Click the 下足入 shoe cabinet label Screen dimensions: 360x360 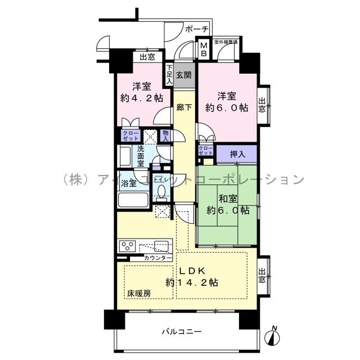pyautogui.click(x=168, y=74)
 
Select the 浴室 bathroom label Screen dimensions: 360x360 pyautogui.click(x=129, y=183)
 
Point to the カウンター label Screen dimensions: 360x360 pyautogui.click(x=157, y=258)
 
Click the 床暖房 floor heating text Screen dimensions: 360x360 pyautogui.click(x=138, y=293)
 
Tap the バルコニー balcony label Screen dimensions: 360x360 pyautogui.click(x=179, y=331)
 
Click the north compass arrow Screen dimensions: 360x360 pyautogui.click(x=273, y=336)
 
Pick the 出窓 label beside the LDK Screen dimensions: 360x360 pyautogui.click(x=262, y=276)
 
